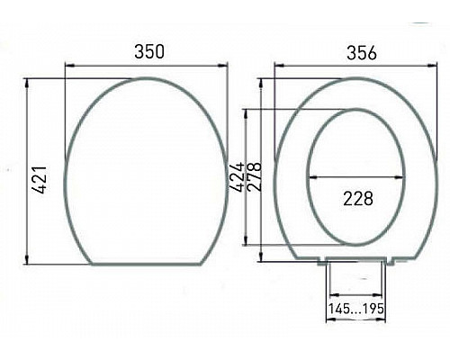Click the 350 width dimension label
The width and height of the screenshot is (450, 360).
pos(148,51)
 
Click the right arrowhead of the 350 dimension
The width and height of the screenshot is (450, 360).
pos(225,65)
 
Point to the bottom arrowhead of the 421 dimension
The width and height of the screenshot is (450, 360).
pos(27,262)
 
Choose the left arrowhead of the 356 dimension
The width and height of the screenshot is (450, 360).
pos(277,65)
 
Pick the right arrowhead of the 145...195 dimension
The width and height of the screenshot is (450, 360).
pos(388,294)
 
